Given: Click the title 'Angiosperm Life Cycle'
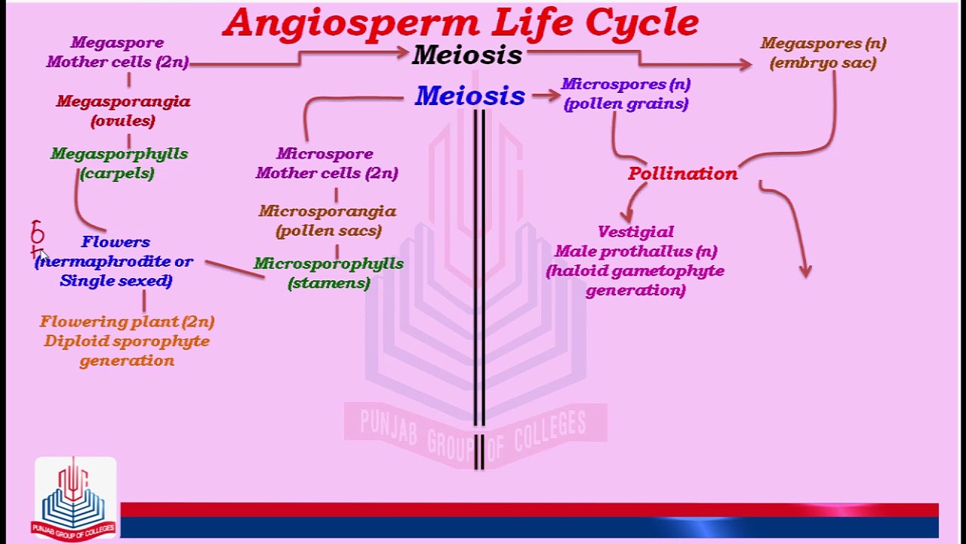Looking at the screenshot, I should [460, 23].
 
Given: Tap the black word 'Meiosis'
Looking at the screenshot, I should [467, 55].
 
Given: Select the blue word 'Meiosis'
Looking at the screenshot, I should [469, 96].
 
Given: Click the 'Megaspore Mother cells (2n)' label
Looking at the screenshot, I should [117, 53].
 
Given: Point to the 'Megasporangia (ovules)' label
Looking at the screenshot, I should [123, 111].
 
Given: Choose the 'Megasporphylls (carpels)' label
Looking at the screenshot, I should [118, 163].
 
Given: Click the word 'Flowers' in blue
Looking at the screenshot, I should [115, 242].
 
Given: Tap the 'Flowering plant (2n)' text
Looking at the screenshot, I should [127, 322].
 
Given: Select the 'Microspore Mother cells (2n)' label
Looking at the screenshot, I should [326, 163].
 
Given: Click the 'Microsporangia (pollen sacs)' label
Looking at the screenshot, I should [328, 221].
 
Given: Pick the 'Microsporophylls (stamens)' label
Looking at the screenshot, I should [328, 273].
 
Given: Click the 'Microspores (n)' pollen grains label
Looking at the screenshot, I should [626, 94].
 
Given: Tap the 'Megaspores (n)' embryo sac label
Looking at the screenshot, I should [823, 53].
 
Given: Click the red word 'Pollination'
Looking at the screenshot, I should [682, 174].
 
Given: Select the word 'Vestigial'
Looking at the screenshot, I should [635, 232].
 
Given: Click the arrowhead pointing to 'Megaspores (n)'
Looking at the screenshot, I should [745, 65].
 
